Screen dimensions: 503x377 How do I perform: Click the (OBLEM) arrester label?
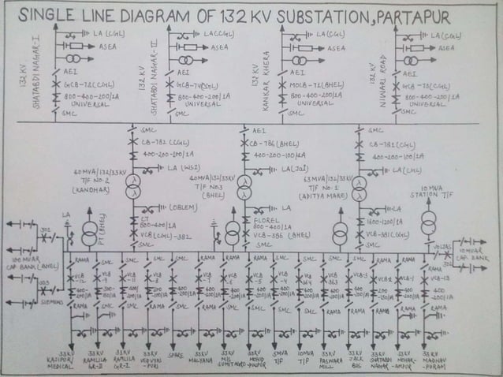(x=183, y=207)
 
